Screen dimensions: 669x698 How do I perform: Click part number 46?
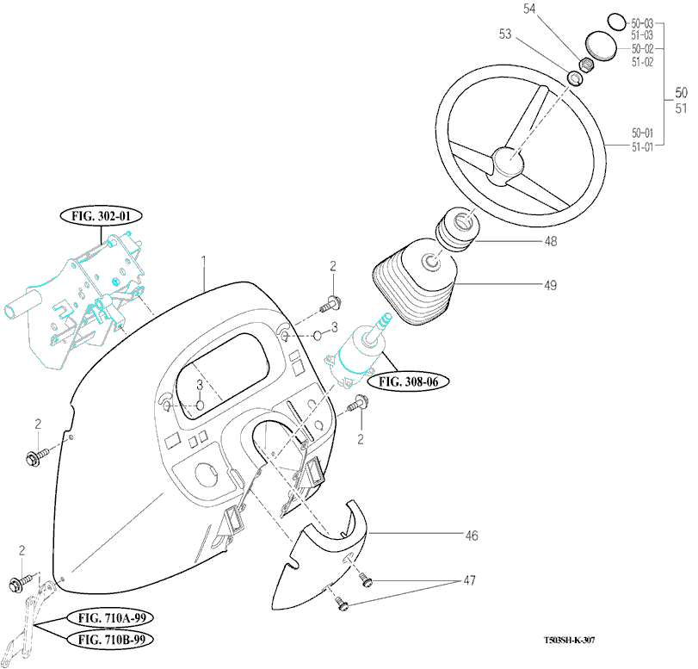click(471, 536)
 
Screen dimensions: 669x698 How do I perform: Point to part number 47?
click(470, 581)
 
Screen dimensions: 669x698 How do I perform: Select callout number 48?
click(550, 242)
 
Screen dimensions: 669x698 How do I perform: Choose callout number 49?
click(550, 284)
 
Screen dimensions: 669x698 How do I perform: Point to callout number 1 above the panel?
click(203, 259)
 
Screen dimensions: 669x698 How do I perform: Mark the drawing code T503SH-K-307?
click(569, 641)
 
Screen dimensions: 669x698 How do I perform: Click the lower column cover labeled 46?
click(325, 560)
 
